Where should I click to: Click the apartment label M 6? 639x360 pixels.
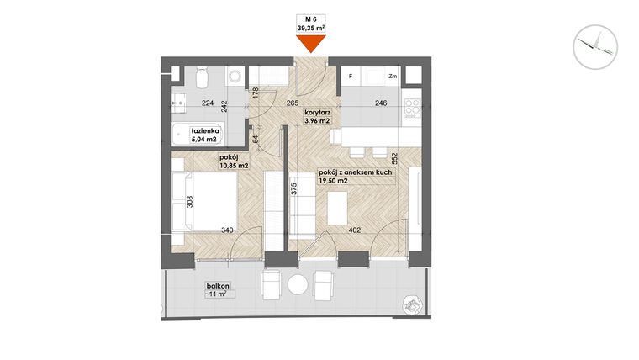pos(311,19)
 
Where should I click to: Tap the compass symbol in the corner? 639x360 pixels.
pos(595,45)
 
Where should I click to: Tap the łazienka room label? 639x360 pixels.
pos(205,131)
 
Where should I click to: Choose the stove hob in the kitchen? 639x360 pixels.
pos(412,107)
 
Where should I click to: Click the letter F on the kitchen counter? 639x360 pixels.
pos(350,77)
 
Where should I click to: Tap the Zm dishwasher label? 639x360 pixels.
pos(392,77)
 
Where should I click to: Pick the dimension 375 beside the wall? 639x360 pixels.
pos(294,190)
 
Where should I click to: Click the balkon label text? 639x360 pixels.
pos(216,286)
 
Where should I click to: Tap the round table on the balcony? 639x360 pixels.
pos(297,284)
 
